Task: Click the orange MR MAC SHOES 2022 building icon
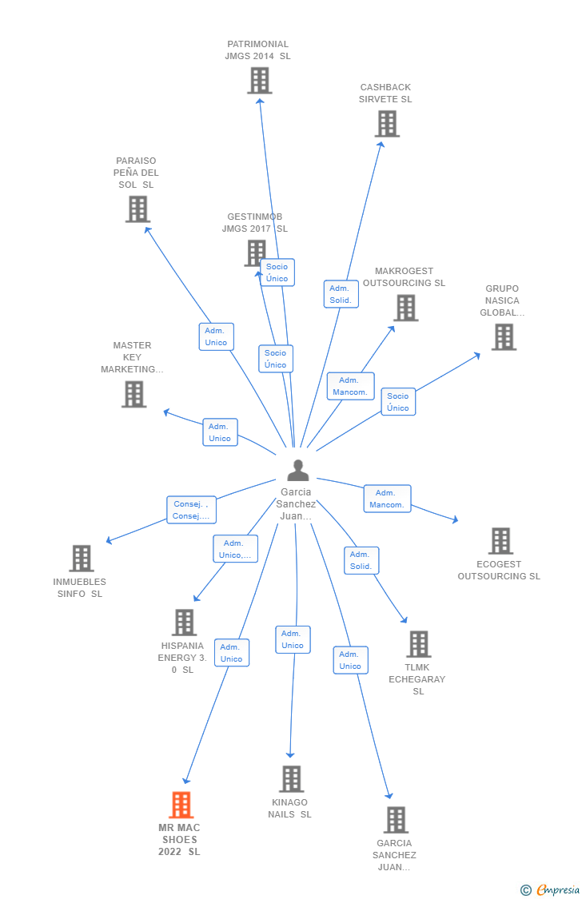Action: click(181, 805)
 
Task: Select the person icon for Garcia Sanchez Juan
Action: click(297, 471)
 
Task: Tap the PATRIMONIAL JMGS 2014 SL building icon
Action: click(259, 81)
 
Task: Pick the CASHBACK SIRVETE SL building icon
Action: click(387, 124)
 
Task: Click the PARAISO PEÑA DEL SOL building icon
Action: click(138, 209)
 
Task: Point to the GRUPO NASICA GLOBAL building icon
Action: click(504, 337)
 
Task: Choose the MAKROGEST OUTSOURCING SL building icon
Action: click(405, 308)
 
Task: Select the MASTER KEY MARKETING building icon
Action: click(134, 394)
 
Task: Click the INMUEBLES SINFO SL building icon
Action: click(81, 558)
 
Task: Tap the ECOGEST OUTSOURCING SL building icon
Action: click(500, 541)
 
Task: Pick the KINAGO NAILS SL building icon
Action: click(291, 778)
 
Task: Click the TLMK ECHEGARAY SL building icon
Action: click(418, 644)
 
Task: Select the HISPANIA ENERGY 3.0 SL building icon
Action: click(184, 623)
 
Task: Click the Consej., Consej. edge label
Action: click(192, 510)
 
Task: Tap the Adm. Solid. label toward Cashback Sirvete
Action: click(341, 294)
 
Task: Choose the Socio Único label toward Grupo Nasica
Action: click(397, 402)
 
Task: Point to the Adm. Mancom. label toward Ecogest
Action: click(387, 499)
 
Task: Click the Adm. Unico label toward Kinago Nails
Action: click(293, 639)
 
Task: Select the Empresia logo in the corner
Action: click(551, 889)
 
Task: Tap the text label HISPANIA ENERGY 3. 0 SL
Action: click(182, 658)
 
